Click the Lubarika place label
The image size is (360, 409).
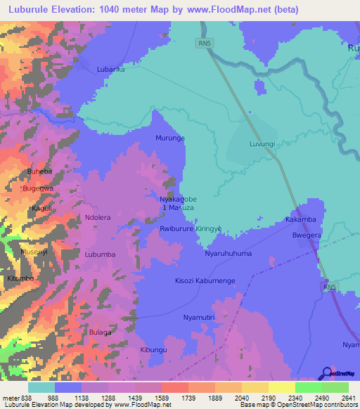110,70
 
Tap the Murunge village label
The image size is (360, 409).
170,138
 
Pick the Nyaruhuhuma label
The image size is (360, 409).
228,253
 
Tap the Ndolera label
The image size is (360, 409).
98,218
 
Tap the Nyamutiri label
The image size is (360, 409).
199,318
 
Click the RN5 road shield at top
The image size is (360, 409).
203,44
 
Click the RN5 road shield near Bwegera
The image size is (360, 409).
330,288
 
